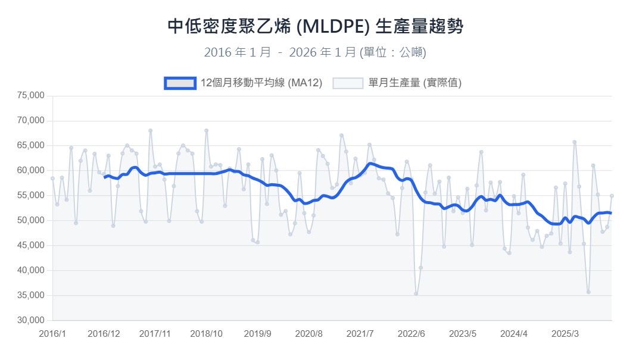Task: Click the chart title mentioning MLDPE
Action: coord(315,27)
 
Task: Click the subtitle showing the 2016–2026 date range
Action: coord(315,52)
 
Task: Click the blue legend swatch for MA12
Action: coord(180,83)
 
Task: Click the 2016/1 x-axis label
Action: coord(52,334)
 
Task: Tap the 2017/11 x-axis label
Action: coord(155,334)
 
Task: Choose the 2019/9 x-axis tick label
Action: coord(258,334)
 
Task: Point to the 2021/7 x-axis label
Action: coord(360,334)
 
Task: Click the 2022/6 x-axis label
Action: coord(411,334)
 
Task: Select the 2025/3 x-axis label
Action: coord(565,334)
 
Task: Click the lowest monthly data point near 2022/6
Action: coord(416,294)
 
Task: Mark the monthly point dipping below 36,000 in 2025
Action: coord(588,292)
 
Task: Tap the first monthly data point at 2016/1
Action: coord(52,178)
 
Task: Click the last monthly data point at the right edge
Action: coord(612,196)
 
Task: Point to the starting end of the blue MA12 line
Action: coord(104,177)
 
